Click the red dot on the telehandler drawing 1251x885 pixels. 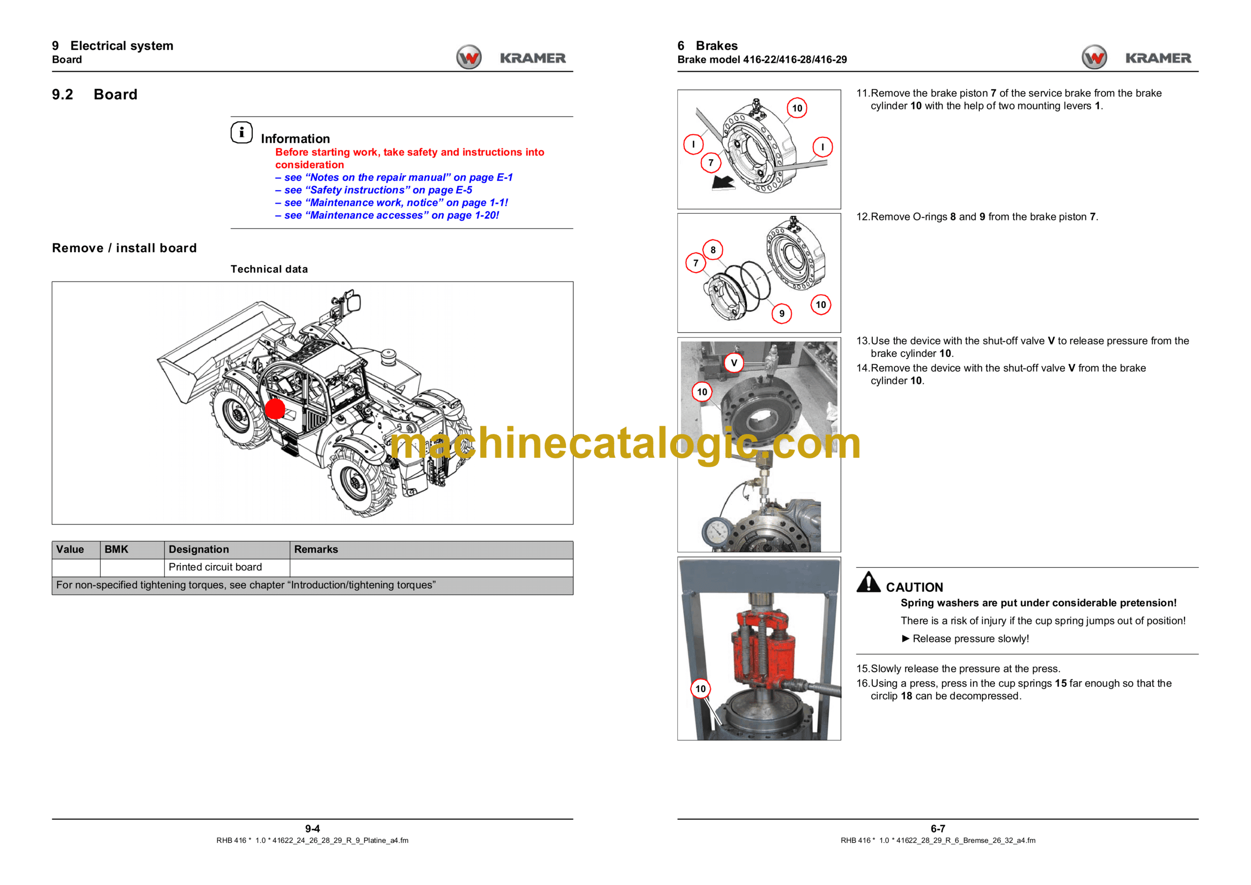[275, 409]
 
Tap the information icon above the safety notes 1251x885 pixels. [241, 132]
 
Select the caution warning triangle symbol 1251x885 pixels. [868, 582]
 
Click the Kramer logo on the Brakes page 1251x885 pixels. [1137, 57]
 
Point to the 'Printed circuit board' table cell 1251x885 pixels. [215, 567]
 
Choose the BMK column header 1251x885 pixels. [117, 549]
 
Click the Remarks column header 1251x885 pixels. [316, 549]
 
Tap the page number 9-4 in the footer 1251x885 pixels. [312, 828]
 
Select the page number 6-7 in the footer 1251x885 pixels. [938, 828]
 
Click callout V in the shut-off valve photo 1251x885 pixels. [734, 363]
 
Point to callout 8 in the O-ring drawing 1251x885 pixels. [712, 250]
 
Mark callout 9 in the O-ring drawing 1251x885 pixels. [782, 313]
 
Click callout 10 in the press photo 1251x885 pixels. [701, 689]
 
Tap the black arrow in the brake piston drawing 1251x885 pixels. [723, 183]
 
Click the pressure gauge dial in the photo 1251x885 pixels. [717, 531]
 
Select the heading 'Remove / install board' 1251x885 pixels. [124, 248]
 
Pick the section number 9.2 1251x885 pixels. [63, 94]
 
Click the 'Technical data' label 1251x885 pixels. [269, 269]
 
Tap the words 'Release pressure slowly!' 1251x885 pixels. [971, 638]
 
